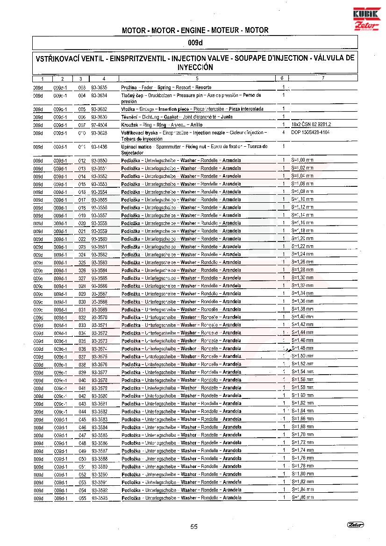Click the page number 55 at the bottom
point(194,527)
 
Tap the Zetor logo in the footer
point(355,525)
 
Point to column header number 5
point(197,78)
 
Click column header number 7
point(323,78)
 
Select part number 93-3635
point(99,87)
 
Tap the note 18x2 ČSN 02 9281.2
point(311,125)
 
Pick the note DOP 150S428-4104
point(310,133)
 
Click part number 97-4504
point(99,125)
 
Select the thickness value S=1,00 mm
point(302,161)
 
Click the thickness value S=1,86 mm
point(302,498)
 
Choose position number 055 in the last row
point(82,498)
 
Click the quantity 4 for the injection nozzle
point(284,133)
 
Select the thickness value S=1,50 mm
point(302,356)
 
